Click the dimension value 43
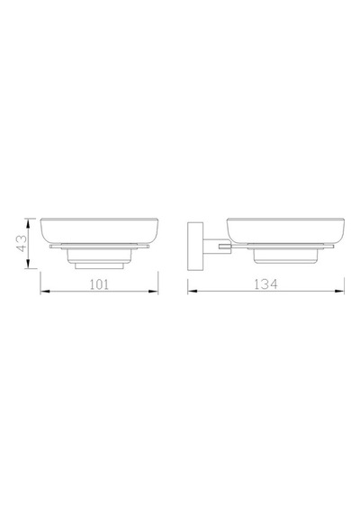[22, 243]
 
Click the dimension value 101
[99, 284]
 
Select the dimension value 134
[265, 284]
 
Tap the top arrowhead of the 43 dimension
[29, 224]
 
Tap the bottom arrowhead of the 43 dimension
[29, 264]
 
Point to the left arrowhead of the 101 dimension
[45, 292]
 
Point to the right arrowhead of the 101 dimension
[153, 292]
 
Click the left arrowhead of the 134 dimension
[193, 291]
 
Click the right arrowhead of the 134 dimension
[339, 291]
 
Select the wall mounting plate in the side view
[195, 247]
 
